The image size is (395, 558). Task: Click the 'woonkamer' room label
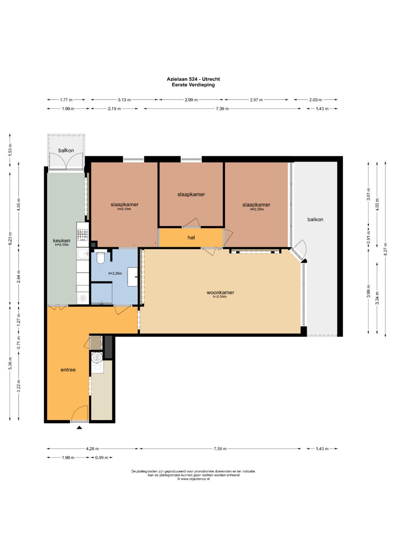pos(220,292)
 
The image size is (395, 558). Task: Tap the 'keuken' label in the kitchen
pos(61,241)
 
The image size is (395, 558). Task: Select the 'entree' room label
pos(68,370)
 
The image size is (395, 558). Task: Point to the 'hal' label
pos(191,238)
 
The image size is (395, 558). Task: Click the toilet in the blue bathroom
pos(100,258)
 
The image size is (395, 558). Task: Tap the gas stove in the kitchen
pos(83,235)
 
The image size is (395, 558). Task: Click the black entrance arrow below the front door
pos(79,428)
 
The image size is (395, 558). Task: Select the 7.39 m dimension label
pos(222,109)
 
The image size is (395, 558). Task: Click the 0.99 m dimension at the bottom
pos(102,458)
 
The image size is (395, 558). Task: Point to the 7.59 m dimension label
pos(220,449)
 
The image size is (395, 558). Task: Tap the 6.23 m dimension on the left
pos(10,239)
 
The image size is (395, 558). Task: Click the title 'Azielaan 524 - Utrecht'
pos(193,79)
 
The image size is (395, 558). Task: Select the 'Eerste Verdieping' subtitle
pos(193,85)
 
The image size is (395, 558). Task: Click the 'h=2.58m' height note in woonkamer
pos(220,297)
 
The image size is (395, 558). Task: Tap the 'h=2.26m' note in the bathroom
pos(115,273)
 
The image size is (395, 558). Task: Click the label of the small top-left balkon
pos(66,150)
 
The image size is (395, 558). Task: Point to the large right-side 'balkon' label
pos(315,220)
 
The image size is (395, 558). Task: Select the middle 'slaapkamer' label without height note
pos(191,194)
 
